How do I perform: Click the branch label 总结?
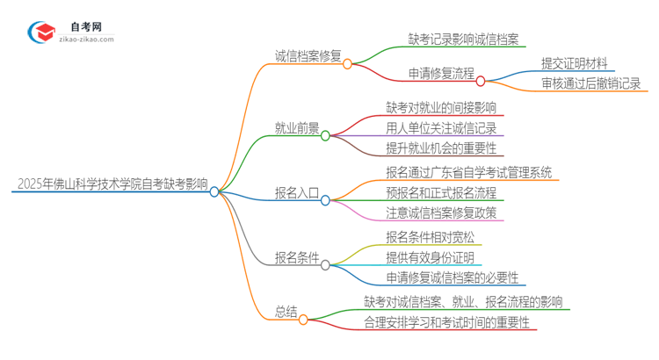[286, 311]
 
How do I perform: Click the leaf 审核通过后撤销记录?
[591, 84]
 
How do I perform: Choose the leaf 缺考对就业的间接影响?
[441, 108]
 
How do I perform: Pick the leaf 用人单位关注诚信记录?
[440, 128]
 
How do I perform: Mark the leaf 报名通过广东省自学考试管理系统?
[469, 172]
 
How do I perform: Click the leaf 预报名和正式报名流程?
[440, 192]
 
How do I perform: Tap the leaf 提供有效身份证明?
[430, 257]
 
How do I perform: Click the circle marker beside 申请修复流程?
[481, 81]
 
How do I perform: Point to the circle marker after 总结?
[304, 320]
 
